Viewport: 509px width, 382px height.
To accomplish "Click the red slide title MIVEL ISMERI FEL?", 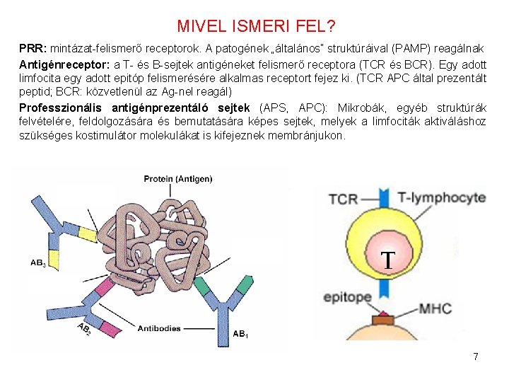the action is click(256, 27).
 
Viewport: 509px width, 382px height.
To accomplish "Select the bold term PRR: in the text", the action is click(33, 49).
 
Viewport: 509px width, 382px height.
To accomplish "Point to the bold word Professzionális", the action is click(62, 108).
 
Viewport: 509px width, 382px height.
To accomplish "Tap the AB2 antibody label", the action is click(83, 330).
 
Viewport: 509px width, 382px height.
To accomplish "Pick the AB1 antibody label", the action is click(241, 333).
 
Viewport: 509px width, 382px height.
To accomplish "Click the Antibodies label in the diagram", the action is click(159, 328).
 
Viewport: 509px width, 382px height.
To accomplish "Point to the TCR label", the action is click(344, 198).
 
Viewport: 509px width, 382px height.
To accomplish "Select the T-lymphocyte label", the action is click(442, 197).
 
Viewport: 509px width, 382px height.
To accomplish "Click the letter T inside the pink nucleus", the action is click(388, 260).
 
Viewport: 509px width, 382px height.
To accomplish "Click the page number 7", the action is click(476, 357).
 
